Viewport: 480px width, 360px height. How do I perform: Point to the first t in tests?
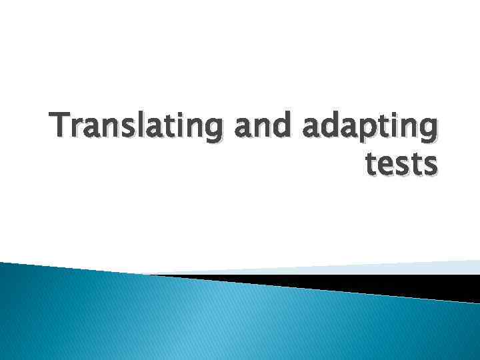tap(372, 163)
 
